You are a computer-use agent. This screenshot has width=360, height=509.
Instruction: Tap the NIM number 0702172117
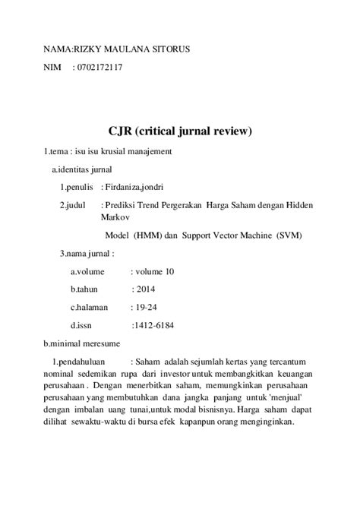pyautogui.click(x=98, y=68)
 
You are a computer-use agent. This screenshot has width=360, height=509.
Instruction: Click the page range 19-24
pyautogui.click(x=144, y=308)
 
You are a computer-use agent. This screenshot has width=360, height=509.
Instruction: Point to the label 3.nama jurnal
pyautogui.click(x=87, y=253)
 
